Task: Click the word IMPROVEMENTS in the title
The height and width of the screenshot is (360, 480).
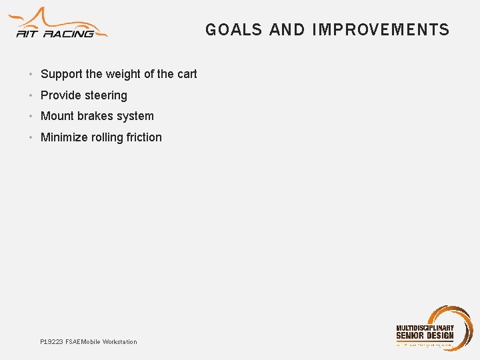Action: pyautogui.click(x=381, y=30)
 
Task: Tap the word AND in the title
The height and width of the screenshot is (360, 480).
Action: pyautogui.click(x=287, y=30)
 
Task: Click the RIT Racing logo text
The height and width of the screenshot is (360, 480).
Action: pyautogui.click(x=57, y=33)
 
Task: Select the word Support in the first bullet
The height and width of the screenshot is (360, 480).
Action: pyautogui.click(x=61, y=74)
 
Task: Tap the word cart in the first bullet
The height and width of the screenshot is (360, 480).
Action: pyautogui.click(x=187, y=74)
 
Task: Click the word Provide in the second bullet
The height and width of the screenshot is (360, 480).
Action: pyautogui.click(x=61, y=95)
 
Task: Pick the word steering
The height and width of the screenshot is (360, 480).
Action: pyautogui.click(x=105, y=95)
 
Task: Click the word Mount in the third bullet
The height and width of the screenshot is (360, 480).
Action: pyautogui.click(x=57, y=116)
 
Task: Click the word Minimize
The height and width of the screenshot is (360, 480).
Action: pyautogui.click(x=64, y=137)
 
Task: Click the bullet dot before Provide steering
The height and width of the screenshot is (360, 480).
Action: pyautogui.click(x=31, y=95)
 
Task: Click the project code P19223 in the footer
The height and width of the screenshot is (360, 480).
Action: pyautogui.click(x=51, y=342)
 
